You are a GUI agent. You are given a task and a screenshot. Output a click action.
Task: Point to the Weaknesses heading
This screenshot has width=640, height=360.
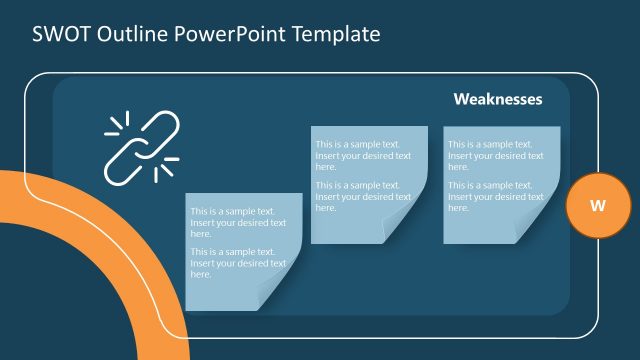coord(498,99)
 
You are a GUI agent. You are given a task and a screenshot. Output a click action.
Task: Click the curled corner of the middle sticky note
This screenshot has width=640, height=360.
coord(413,229)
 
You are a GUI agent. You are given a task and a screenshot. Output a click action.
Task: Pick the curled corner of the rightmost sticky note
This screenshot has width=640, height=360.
coord(545,229)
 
